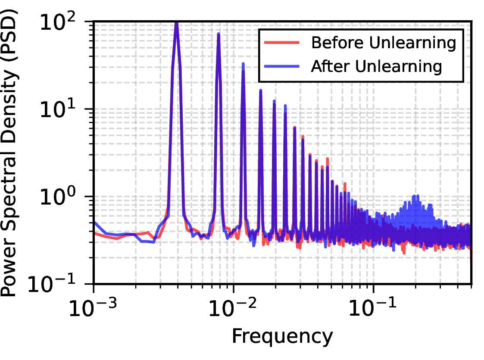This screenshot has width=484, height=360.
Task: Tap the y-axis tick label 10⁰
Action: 58,196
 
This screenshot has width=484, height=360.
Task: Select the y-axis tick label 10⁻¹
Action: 52,283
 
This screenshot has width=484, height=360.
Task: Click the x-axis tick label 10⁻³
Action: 93,307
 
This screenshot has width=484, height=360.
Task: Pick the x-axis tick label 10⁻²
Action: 233,307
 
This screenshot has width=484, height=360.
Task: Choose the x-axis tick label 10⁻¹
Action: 372,307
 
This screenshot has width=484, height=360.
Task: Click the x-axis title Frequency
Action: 282,337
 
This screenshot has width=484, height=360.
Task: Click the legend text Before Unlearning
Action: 384,43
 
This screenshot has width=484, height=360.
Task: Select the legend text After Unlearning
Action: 377,66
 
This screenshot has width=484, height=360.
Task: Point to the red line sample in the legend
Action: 282,43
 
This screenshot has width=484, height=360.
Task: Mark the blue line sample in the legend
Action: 282,66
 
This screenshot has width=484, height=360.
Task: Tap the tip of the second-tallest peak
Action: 219,34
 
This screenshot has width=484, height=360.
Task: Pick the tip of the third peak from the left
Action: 243,64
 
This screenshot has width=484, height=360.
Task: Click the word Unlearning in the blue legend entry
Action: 399,66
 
